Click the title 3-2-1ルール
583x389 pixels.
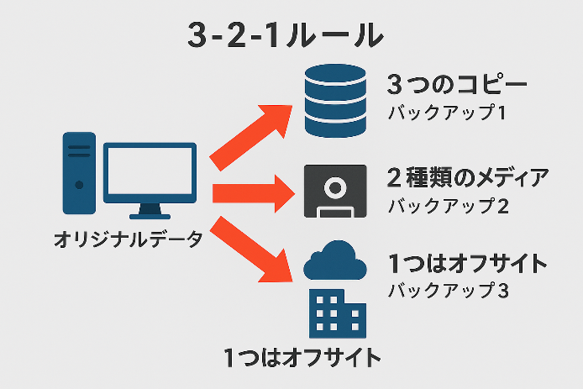(284, 34)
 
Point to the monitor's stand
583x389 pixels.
(150, 210)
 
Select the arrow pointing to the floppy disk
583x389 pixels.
(252, 192)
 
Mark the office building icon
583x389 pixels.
(335, 313)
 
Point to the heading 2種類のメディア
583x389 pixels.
(467, 178)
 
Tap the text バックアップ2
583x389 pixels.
(448, 205)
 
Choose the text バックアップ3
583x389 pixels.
(448, 291)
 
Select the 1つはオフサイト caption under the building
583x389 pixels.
(303, 356)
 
